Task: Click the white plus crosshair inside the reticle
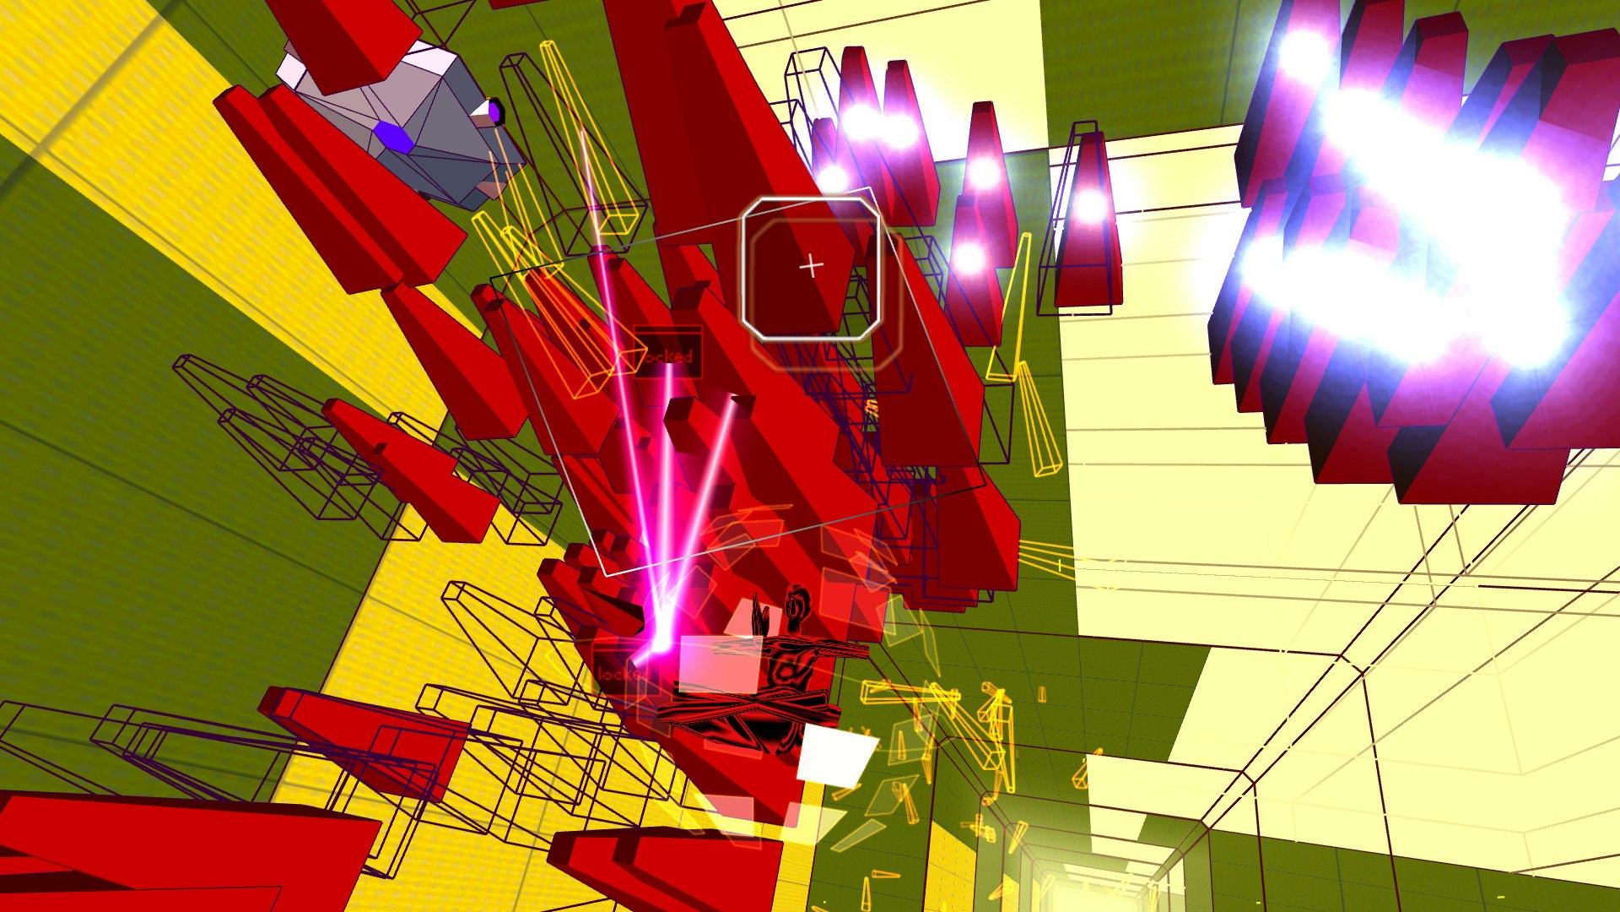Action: [811, 266]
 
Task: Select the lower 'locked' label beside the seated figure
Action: [620, 674]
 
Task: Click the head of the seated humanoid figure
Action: [796, 604]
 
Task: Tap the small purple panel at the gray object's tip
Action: [494, 110]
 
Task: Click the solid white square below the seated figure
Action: [836, 754]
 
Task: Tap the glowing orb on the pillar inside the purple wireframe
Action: [1090, 204]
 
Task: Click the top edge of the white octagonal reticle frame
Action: [810, 199]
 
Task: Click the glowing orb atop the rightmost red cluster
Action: [1304, 52]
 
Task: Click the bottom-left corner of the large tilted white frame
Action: [606, 575]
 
